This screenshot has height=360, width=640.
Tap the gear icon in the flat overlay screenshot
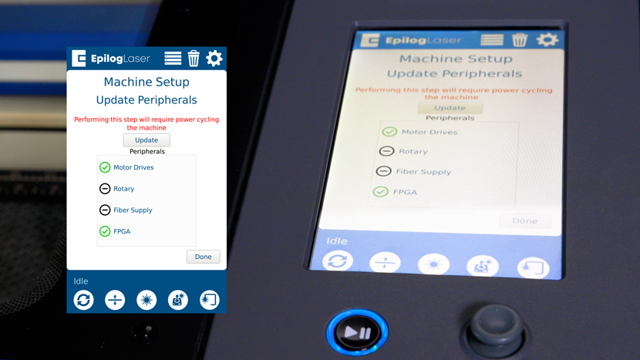(x=214, y=59)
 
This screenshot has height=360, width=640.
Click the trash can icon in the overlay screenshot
(x=194, y=59)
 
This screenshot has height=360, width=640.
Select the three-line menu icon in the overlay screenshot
(x=173, y=59)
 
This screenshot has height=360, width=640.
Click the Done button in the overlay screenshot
(x=204, y=257)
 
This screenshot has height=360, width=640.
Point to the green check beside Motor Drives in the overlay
(x=105, y=167)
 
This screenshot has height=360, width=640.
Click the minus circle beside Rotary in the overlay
(x=105, y=189)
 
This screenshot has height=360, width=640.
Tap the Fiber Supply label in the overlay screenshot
(x=133, y=210)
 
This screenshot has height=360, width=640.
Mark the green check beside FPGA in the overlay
(x=105, y=231)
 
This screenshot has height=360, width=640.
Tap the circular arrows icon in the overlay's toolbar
(x=84, y=300)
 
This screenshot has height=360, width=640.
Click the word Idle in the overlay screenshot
(x=81, y=281)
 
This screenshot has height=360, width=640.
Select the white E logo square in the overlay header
(x=79, y=59)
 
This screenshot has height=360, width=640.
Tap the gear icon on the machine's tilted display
(x=547, y=39)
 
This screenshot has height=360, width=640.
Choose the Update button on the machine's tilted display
(x=450, y=108)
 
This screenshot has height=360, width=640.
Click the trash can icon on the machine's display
(x=520, y=40)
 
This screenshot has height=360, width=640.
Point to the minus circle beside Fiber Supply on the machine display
(x=384, y=171)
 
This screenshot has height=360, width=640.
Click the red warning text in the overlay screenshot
(x=147, y=123)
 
